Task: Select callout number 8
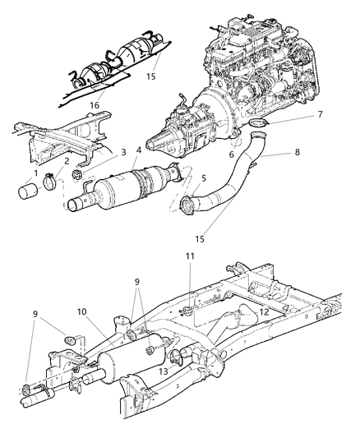(294, 152)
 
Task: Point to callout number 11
(190, 282)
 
